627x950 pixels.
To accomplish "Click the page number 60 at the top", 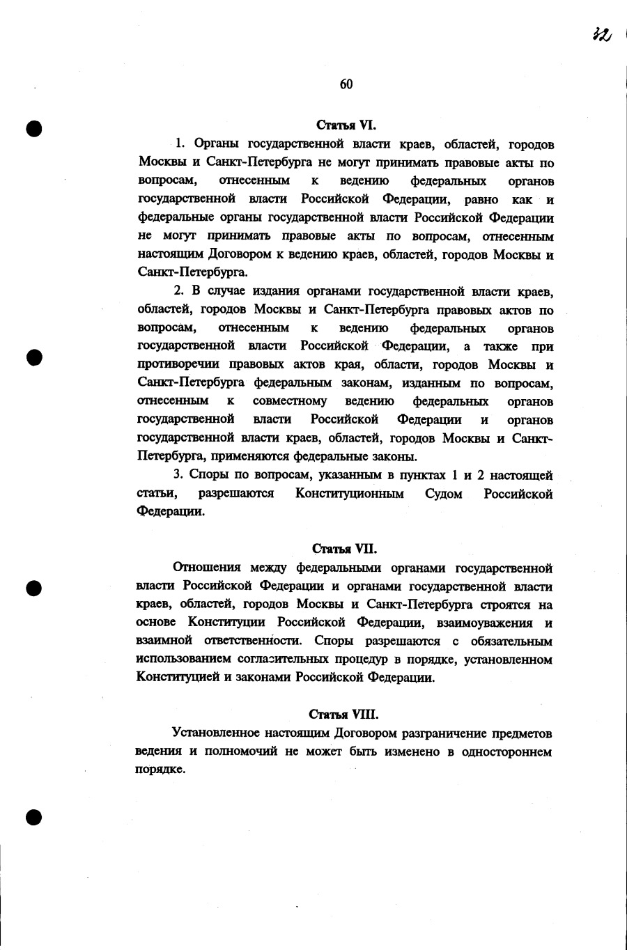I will tap(346, 84).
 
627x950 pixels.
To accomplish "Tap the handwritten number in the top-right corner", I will tap(601, 35).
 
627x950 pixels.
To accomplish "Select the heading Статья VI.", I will tap(346, 126).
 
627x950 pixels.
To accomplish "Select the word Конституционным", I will tap(350, 494).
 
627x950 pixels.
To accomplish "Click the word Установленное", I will tap(217, 733).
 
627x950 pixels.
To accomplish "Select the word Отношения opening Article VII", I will tap(206, 568).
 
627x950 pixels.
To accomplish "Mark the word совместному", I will tap(290, 402).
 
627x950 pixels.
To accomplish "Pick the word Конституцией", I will tap(178, 677).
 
